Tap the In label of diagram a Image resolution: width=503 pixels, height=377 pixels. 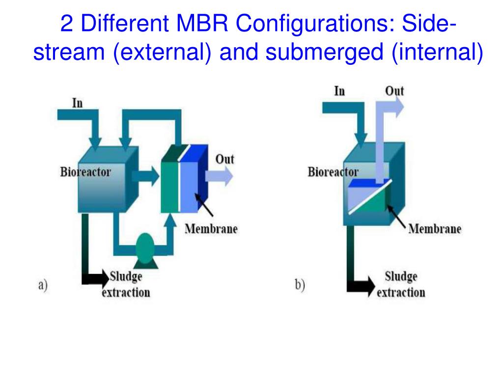click(x=77, y=103)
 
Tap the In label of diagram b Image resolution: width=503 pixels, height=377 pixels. click(x=339, y=91)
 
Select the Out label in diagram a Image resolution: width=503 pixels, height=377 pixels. click(x=225, y=159)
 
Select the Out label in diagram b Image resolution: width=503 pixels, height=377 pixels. click(x=394, y=91)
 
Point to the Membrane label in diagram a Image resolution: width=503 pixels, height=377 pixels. click(x=211, y=229)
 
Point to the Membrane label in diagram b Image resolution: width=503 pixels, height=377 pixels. click(x=435, y=229)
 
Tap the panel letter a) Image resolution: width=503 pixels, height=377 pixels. click(x=43, y=285)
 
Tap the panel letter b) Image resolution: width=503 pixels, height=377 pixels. click(x=300, y=285)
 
